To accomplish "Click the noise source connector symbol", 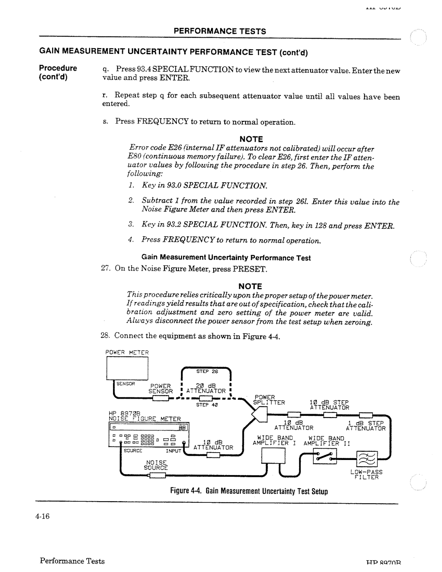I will coord(158,475).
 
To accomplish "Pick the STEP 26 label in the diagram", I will coord(209,372).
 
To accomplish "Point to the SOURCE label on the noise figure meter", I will coord(133,451).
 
